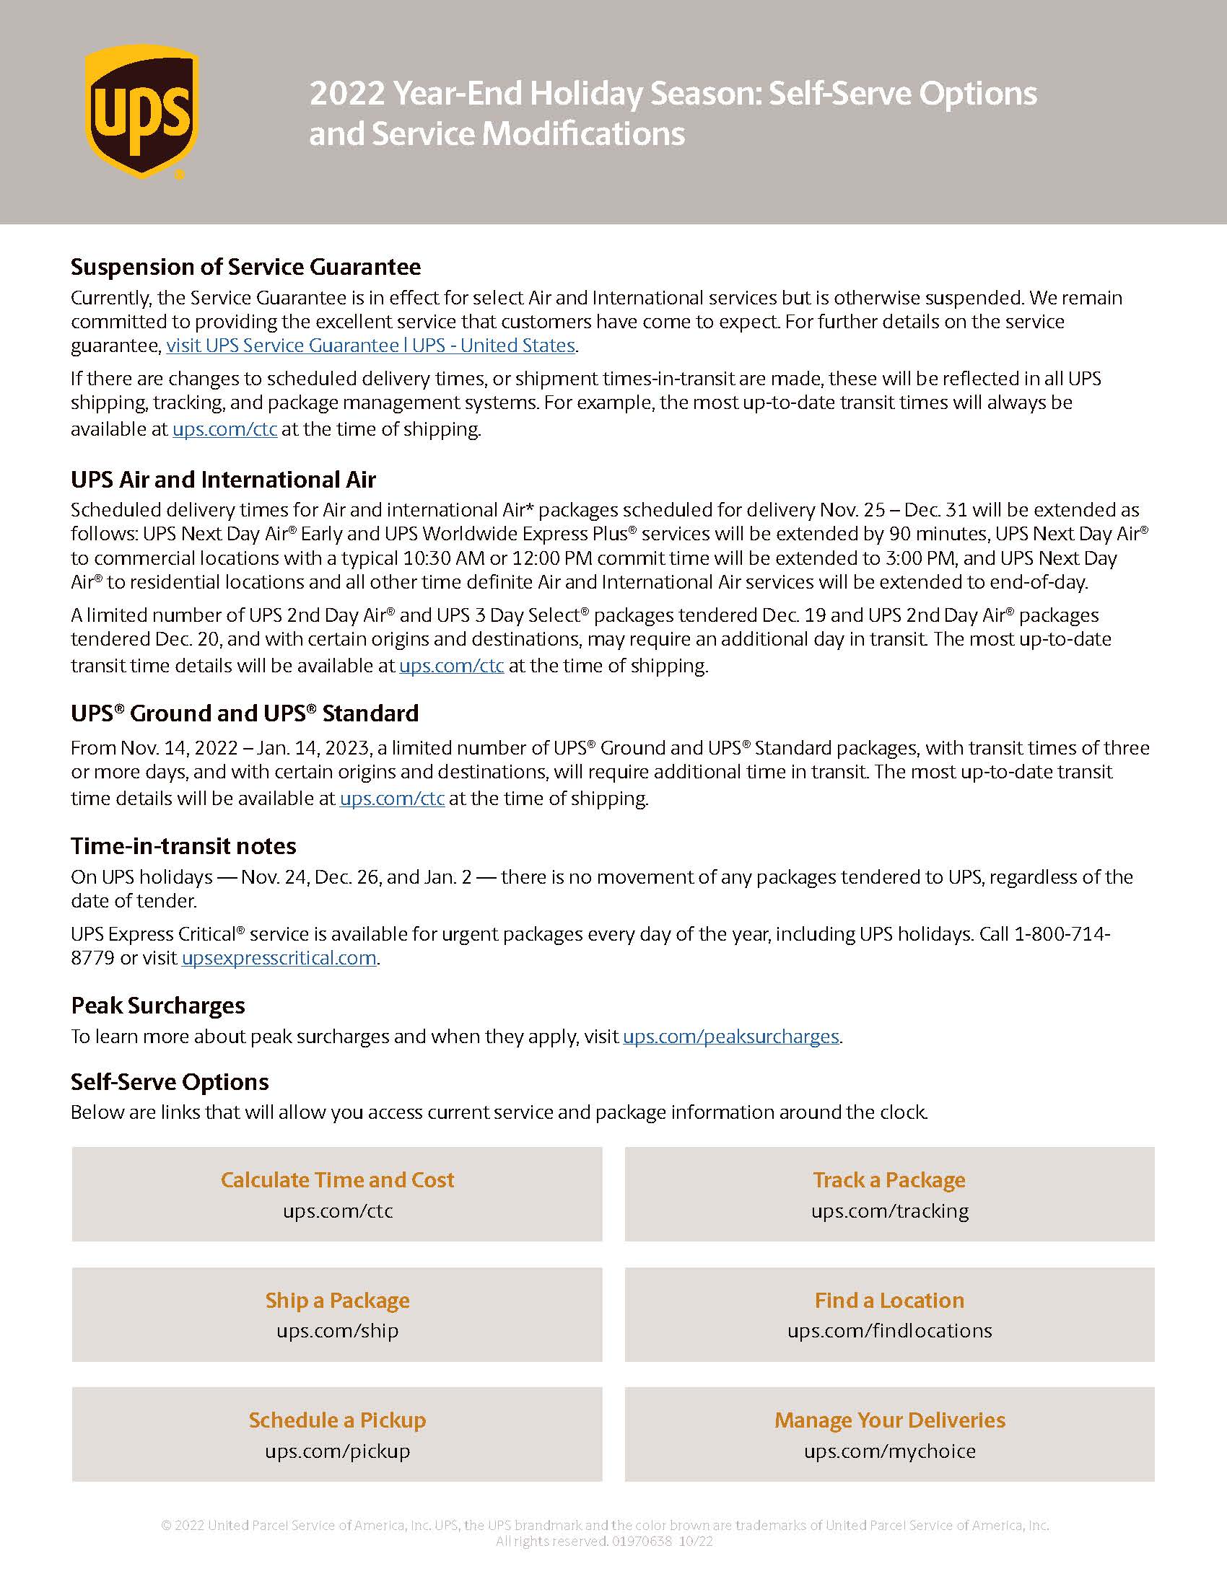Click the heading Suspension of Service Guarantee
tap(245, 267)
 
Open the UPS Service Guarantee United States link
tap(371, 345)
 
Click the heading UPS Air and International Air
tap(223, 480)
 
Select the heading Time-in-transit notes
tap(183, 846)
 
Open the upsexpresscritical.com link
tap(279, 958)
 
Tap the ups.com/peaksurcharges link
tap(730, 1036)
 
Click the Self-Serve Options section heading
tap(170, 1082)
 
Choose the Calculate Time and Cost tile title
tap(337, 1179)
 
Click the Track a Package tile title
tap(889, 1179)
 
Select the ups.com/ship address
tap(337, 1330)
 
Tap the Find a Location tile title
tap(889, 1300)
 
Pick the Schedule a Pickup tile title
tap(337, 1420)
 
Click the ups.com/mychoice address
tap(889, 1451)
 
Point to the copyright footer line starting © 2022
tap(605, 1525)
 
